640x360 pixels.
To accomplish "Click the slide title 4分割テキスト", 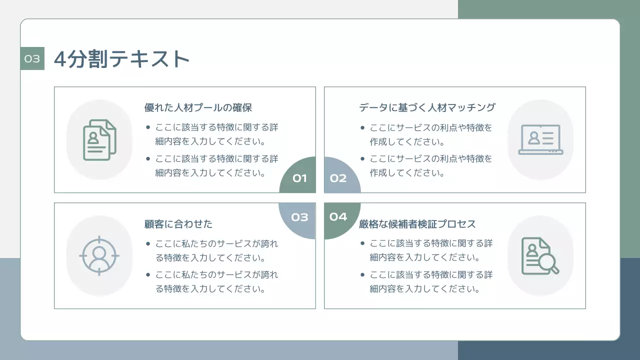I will [x=121, y=59].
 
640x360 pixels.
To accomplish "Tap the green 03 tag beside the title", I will [x=32, y=58].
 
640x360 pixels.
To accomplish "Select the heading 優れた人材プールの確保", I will [x=198, y=107].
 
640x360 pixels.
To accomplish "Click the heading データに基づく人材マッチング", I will [x=427, y=107].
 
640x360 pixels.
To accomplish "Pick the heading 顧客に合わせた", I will [x=178, y=224].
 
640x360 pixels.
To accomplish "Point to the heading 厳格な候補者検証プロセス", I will [x=417, y=224].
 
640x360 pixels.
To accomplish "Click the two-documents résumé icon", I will [x=99, y=139].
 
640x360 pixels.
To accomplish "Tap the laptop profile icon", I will [x=540, y=139].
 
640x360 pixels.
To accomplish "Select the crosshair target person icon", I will [x=99, y=255].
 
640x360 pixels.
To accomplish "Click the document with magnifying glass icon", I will [x=540, y=255].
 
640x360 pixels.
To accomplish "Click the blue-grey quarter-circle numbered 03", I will [x=299, y=217].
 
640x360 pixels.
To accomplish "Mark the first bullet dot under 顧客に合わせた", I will [x=148, y=244].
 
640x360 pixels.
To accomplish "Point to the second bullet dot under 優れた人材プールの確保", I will [x=148, y=159].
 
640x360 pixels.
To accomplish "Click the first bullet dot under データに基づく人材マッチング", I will [x=362, y=127].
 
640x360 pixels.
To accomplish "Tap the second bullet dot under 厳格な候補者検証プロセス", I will [x=362, y=275].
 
